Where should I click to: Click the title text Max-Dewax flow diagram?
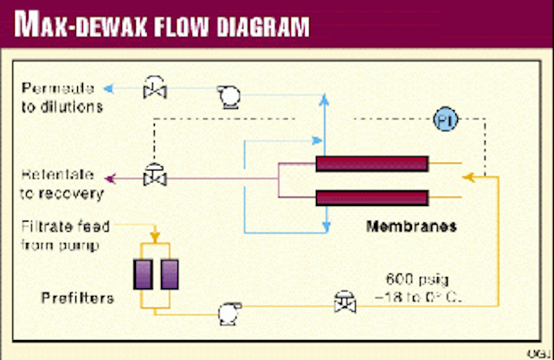[160, 26]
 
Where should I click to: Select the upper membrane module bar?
[372, 164]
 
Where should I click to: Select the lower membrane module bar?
[372, 197]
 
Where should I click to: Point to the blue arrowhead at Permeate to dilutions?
[106, 87]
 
